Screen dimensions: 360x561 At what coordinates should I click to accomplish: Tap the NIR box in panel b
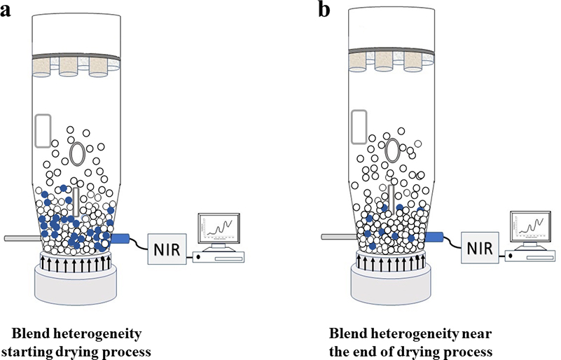pos(482,248)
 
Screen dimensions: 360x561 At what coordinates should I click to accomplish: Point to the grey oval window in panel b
pos(393,149)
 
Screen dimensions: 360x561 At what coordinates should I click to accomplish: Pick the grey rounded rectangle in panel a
pos(43,130)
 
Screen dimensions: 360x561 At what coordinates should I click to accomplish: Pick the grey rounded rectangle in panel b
pos(359,125)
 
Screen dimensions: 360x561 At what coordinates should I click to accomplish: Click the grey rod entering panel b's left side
pos(335,238)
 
